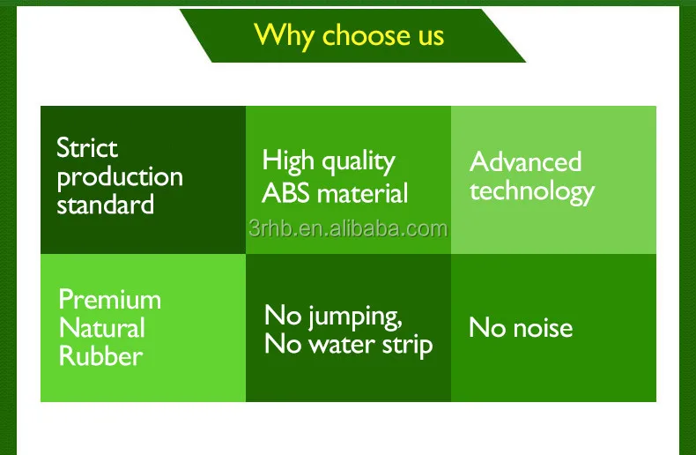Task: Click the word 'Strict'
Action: (87, 147)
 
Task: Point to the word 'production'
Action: (120, 176)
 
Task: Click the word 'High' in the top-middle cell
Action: (288, 161)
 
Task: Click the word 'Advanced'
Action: (525, 161)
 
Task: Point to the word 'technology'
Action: (531, 191)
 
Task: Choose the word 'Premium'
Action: (109, 299)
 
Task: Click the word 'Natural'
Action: (101, 328)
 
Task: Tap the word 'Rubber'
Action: (100, 356)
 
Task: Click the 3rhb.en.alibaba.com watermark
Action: (348, 229)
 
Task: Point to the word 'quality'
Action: (357, 162)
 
